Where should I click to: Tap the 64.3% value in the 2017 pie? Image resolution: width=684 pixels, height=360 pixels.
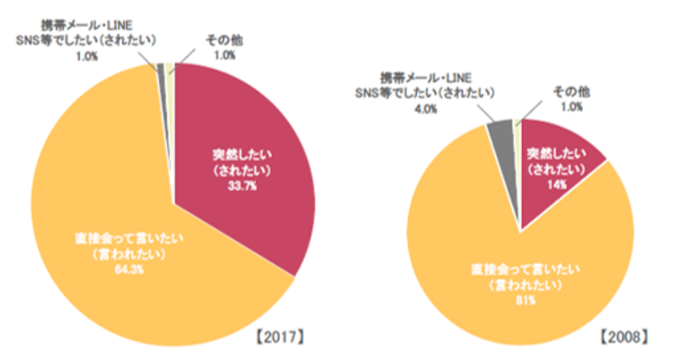121,270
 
